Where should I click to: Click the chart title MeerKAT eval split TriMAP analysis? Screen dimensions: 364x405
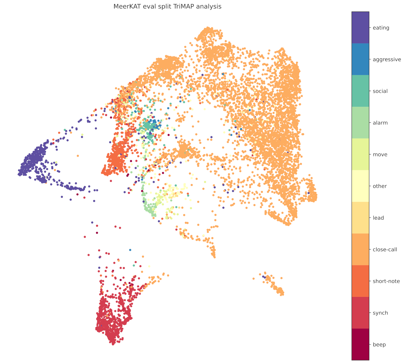[167, 6]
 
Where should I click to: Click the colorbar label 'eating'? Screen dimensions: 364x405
[381, 28]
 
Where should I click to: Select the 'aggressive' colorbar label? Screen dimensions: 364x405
[387, 60]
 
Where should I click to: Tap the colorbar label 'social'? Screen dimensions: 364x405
[380, 91]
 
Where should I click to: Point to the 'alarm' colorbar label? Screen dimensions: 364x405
[380, 123]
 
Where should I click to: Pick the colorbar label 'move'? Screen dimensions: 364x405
[380, 155]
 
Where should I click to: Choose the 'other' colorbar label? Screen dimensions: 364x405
[380, 186]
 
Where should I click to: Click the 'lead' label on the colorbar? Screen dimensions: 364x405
[378, 218]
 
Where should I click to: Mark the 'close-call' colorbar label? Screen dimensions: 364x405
[385, 250]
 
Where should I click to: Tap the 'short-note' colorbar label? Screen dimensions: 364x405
[386, 281]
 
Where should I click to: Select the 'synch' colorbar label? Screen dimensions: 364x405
[380, 313]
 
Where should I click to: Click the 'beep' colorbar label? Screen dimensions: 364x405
[379, 345]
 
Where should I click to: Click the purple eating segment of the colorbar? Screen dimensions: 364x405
[360, 28]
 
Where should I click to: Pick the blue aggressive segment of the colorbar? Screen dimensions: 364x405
[360, 59]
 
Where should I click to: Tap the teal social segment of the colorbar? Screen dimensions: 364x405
[360, 91]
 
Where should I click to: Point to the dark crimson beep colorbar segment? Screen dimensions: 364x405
[360, 344]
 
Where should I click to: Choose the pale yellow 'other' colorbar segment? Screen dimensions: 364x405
[360, 186]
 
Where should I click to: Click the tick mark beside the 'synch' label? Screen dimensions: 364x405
[370, 313]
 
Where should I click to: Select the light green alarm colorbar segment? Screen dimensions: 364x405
[360, 123]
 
